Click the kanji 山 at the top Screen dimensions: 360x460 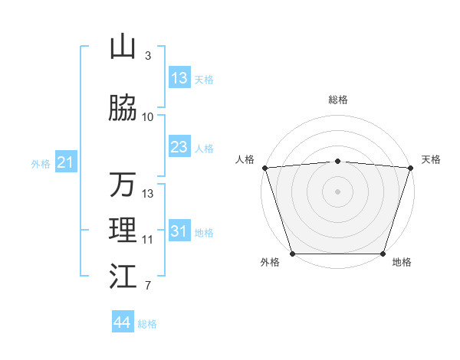[x=123, y=47]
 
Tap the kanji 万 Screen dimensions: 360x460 [x=123, y=185]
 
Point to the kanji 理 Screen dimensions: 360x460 [x=123, y=231]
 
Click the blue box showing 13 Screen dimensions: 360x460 [x=179, y=78]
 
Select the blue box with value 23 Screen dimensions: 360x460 [x=179, y=147]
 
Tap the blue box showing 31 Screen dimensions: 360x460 [x=179, y=231]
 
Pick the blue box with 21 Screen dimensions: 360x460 [x=65, y=162]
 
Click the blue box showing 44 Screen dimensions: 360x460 [x=123, y=322]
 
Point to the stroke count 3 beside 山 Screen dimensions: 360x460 [x=148, y=56]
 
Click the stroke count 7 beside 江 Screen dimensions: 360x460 [x=148, y=286]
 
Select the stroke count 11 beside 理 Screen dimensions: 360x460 [x=148, y=240]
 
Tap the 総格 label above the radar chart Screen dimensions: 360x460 [x=338, y=100]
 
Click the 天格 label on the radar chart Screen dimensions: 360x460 [x=431, y=159]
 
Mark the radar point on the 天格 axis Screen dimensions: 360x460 [x=410, y=168]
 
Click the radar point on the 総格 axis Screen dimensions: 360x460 [x=338, y=161]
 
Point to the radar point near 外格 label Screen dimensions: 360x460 [x=293, y=254]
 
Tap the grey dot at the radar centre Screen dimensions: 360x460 [x=338, y=191]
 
